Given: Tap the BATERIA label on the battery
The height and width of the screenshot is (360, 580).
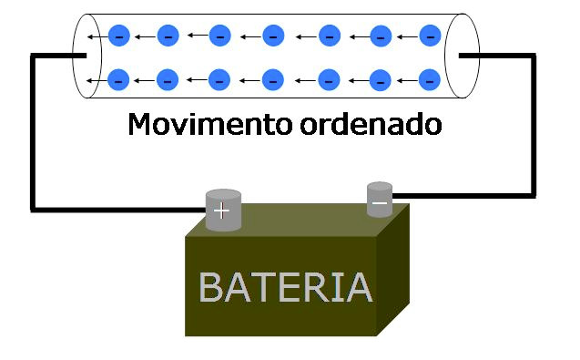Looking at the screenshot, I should (285, 287).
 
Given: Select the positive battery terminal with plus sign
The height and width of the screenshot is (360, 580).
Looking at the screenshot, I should (222, 210).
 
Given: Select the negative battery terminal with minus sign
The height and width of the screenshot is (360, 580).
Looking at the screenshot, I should (380, 200).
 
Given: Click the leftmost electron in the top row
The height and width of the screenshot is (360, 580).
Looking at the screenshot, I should (117, 36).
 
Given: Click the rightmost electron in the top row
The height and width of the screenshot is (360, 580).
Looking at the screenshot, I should (432, 36).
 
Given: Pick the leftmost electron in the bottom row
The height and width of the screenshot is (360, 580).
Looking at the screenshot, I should (117, 79).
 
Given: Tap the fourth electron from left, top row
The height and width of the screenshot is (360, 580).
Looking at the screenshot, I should (271, 36).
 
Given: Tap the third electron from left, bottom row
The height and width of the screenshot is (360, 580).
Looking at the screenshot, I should (219, 79).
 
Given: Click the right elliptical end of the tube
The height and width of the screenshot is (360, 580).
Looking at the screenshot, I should (461, 57).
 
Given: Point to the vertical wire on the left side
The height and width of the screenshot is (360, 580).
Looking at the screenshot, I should (34, 132).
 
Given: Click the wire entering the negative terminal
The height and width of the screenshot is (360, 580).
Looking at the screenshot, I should (455, 193).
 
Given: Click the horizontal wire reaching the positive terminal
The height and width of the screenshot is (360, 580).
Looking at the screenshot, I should (118, 208).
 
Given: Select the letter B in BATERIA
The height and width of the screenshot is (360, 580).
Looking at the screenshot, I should (211, 287).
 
